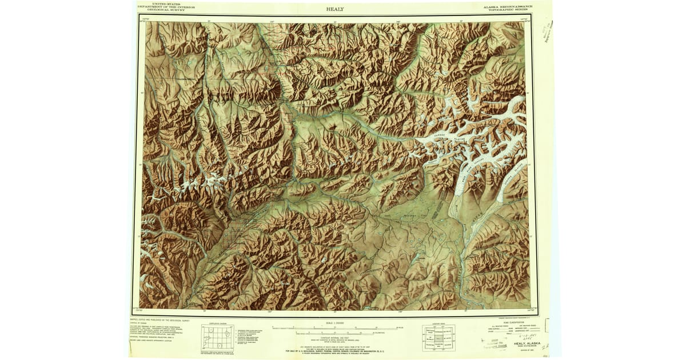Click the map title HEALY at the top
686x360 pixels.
point(335,9)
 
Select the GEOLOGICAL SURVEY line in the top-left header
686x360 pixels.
point(166,10)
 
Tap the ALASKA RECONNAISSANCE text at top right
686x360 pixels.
point(508,7)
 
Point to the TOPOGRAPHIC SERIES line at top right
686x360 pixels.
point(508,10)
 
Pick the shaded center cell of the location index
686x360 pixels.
point(438,337)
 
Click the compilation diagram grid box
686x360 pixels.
point(218,337)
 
